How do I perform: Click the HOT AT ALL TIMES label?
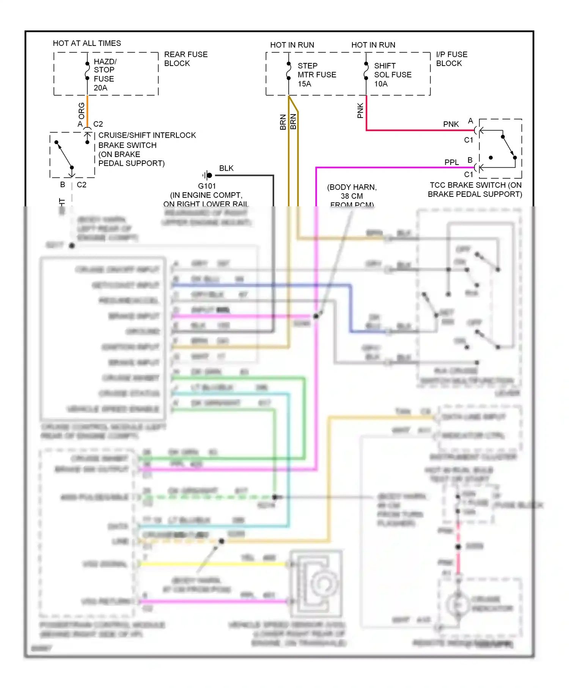(87, 43)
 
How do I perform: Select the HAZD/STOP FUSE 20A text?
(105, 75)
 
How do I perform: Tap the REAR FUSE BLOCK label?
(185, 59)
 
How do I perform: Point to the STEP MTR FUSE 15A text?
(316, 75)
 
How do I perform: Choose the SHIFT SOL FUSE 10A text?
(392, 75)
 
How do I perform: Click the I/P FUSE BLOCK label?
(451, 59)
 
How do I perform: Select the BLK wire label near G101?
(226, 168)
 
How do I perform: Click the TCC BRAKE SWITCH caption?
(475, 190)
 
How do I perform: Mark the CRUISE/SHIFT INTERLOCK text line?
(147, 135)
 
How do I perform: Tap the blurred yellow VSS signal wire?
(212, 564)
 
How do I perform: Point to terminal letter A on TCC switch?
(470, 121)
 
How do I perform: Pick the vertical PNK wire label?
(360, 110)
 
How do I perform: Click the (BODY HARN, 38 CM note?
(352, 192)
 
